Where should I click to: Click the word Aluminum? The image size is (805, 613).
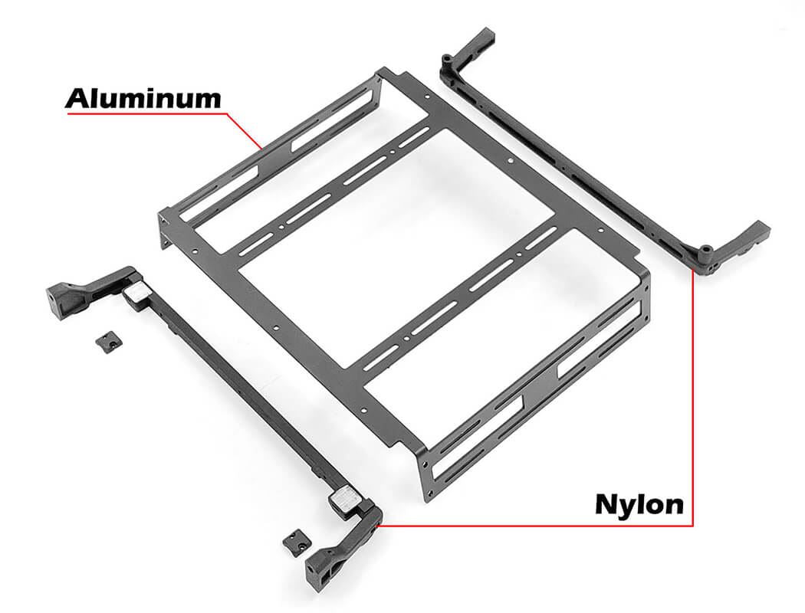coord(143,98)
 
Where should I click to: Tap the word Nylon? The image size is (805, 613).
coord(639,504)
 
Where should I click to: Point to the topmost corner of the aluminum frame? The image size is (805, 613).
coord(379,72)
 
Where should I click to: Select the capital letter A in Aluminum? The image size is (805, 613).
coord(77,98)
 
